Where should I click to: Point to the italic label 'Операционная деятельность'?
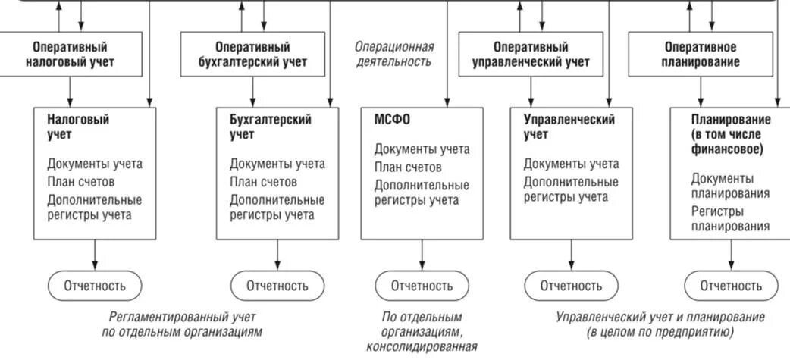(x=394, y=54)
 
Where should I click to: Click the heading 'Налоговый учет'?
(x=78, y=127)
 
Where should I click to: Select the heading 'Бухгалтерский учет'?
(x=270, y=127)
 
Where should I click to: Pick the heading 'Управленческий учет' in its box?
(x=569, y=127)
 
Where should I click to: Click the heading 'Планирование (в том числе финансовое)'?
(x=731, y=134)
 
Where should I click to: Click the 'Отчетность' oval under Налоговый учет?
(x=96, y=286)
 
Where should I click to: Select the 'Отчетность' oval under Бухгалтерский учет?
(x=277, y=286)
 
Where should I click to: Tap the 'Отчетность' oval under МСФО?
(x=422, y=286)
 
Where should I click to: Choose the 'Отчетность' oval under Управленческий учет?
(x=572, y=286)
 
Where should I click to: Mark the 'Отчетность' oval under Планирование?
(x=731, y=286)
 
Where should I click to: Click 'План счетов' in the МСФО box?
(x=408, y=167)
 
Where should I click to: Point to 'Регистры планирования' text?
(x=730, y=218)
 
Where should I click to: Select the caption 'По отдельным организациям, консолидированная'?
(x=422, y=332)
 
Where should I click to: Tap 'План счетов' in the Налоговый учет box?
(x=80, y=182)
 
